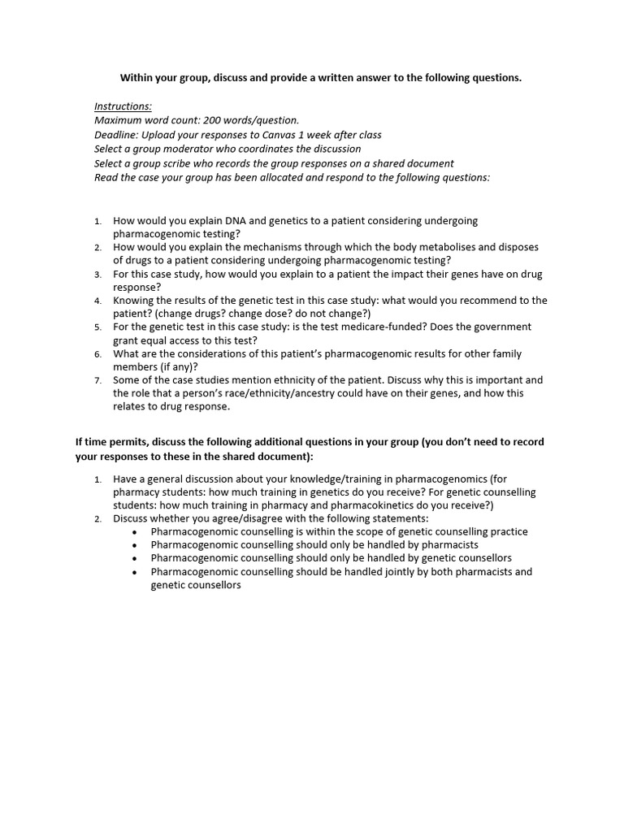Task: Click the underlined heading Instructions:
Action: coord(123,106)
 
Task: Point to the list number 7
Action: coord(97,380)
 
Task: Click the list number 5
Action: coord(97,327)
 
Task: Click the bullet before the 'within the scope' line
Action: coord(134,532)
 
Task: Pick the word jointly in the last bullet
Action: coord(379,571)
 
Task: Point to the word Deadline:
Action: coord(116,135)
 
